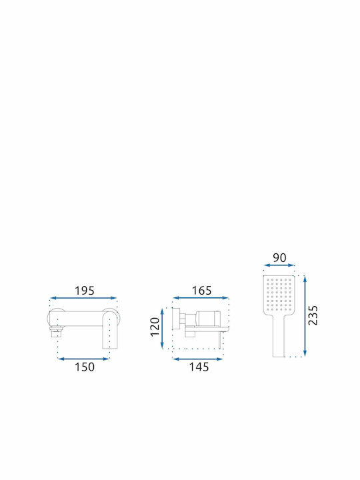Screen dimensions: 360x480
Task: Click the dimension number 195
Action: click(x=85, y=291)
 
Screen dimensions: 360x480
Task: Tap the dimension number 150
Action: click(x=85, y=367)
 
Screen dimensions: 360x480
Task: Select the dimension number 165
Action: click(x=201, y=291)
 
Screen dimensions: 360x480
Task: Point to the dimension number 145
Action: click(x=199, y=367)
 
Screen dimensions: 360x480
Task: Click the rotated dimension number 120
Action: click(x=155, y=327)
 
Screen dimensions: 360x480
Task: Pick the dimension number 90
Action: click(x=279, y=258)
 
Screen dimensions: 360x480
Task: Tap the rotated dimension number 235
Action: click(x=313, y=315)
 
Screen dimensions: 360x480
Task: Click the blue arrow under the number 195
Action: click(x=83, y=298)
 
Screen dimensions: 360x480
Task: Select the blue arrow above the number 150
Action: click(x=83, y=359)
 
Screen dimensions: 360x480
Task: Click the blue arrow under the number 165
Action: click(x=201, y=298)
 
